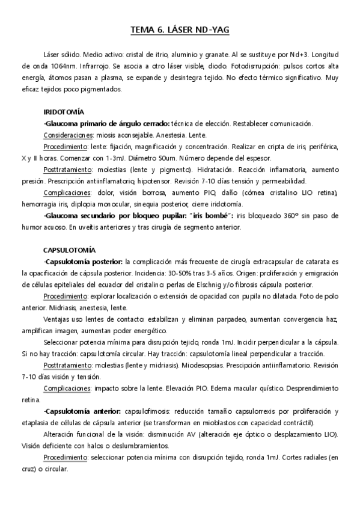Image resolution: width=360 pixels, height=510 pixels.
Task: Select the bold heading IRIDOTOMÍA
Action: click(64, 112)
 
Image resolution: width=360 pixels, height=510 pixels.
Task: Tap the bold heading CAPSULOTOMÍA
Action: click(69, 250)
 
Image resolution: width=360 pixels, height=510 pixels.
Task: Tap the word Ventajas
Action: click(58, 318)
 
